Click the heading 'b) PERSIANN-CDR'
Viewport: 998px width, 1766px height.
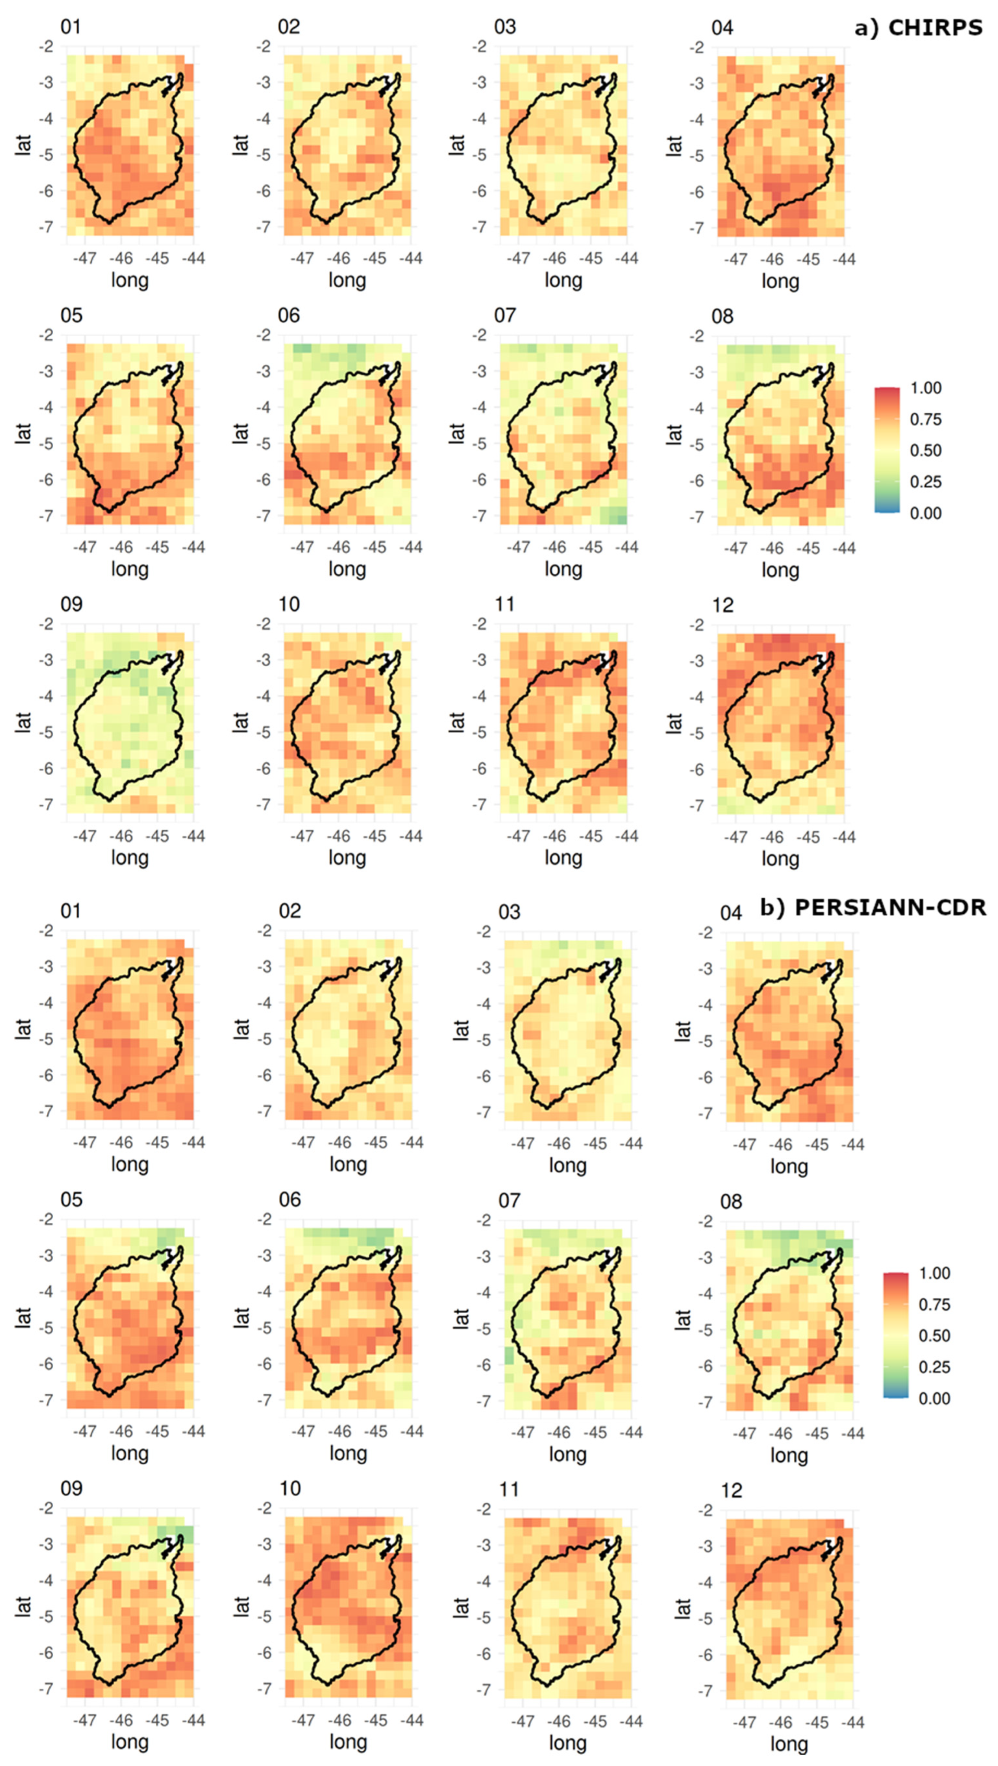[872, 908]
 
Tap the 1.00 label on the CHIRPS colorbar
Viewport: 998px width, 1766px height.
[925, 388]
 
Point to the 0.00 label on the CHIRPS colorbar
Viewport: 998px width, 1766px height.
[925, 513]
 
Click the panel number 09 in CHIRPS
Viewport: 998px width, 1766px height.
[71, 605]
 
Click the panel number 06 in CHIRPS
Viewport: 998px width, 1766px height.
[289, 316]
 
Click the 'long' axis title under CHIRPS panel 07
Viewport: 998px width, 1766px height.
[563, 569]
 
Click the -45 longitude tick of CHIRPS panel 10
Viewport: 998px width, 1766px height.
[374, 836]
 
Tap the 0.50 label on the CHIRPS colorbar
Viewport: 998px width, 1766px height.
[925, 451]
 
